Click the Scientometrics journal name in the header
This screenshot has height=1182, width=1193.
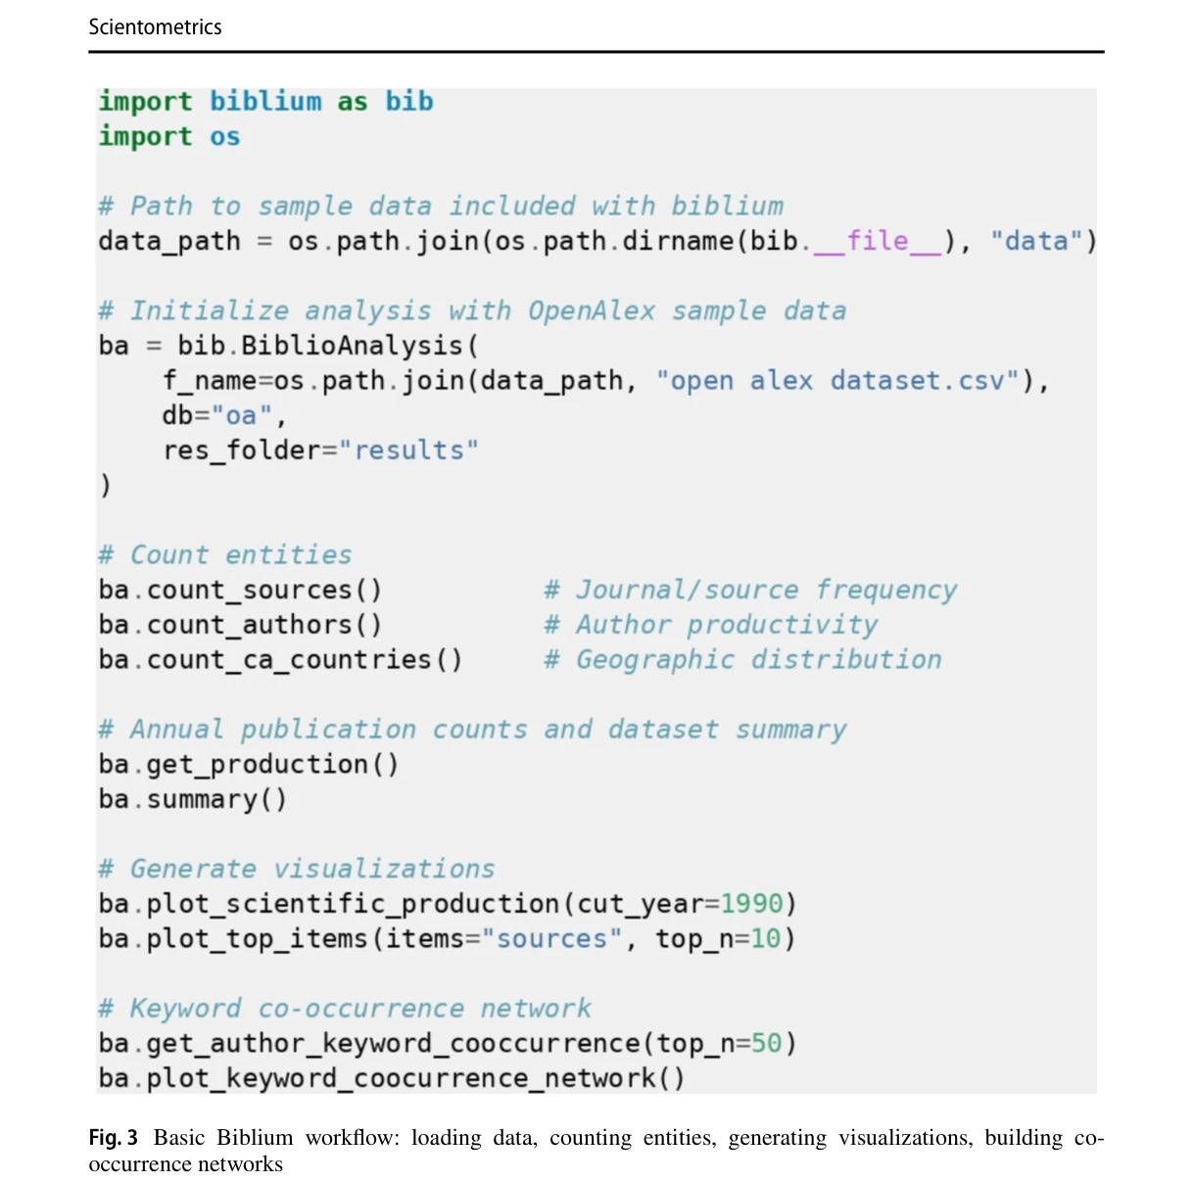click(155, 27)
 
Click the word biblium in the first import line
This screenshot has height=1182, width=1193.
click(265, 102)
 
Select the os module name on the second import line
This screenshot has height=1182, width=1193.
click(224, 137)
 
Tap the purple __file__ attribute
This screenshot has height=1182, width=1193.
click(878, 242)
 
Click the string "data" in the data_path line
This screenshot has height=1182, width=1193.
click(1035, 242)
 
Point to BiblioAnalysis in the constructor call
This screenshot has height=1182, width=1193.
click(352, 346)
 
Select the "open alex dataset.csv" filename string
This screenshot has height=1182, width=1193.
click(837, 381)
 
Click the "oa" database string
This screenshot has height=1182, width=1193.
click(242, 415)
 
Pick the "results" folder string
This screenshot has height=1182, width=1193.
click(408, 450)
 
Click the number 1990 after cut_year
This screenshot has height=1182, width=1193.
click(752, 904)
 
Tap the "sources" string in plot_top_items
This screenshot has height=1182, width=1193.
click(551, 939)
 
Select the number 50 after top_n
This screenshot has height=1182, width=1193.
click(767, 1043)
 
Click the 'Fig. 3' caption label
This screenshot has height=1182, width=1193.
click(113, 1138)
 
